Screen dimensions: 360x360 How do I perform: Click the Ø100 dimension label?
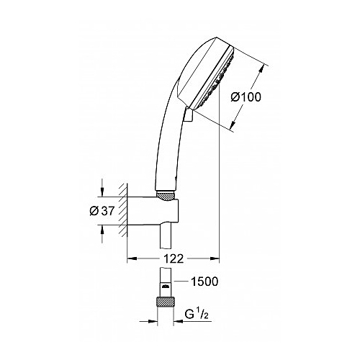tap(246, 97)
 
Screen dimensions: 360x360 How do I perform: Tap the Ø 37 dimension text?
tap(102, 211)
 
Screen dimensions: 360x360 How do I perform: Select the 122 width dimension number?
tap(174, 258)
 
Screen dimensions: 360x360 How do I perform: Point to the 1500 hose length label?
tap(204, 282)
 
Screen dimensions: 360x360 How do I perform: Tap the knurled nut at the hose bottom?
tap(165, 302)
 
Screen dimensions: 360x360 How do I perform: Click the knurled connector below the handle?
tap(166, 195)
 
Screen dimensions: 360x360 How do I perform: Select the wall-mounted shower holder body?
tap(153, 211)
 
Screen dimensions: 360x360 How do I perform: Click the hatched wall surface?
tap(122, 211)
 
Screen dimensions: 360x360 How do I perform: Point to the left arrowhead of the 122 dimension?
tap(132, 258)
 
